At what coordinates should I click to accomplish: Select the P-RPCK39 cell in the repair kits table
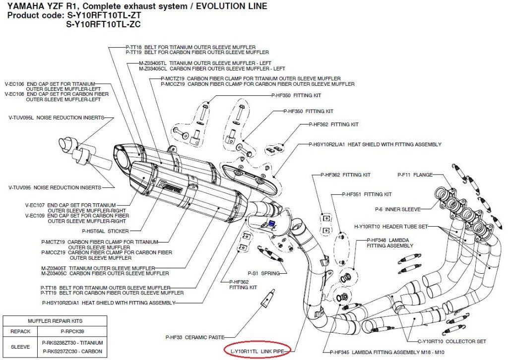[x=66, y=331]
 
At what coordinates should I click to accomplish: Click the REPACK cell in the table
[x=21, y=331]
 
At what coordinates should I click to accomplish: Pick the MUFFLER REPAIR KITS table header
[x=49, y=321]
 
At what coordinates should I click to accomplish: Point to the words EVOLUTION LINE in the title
[x=228, y=6]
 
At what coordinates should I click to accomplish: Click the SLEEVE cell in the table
[x=21, y=346]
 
